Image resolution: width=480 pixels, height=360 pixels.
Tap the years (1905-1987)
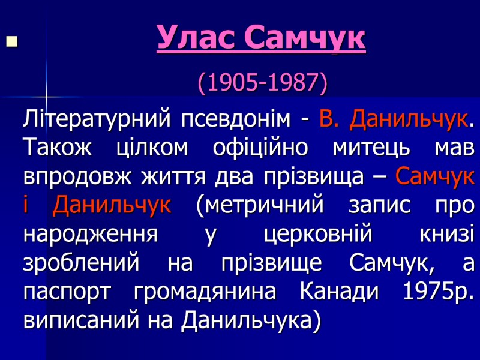pyautogui.click(x=263, y=83)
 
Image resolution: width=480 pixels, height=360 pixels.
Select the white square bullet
pyautogui.click(x=10, y=42)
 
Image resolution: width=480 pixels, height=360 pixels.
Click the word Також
pyautogui.click(x=55, y=147)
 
